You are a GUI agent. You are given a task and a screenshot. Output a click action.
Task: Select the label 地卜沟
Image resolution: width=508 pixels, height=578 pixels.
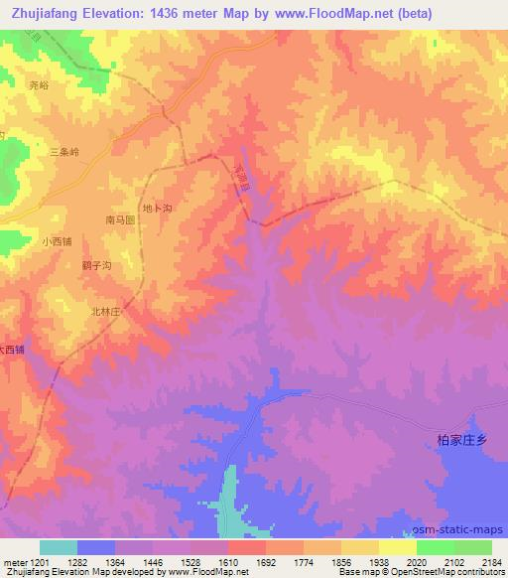pos(157,208)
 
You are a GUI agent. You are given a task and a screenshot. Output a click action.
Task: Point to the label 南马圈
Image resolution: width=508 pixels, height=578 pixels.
pos(120,219)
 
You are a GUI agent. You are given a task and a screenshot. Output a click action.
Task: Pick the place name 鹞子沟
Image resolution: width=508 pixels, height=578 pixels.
pos(96,266)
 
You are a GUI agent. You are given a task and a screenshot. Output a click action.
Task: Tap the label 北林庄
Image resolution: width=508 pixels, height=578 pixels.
pos(105,311)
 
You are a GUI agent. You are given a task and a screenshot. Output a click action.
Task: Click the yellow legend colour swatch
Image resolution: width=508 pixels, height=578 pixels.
pos(397,547)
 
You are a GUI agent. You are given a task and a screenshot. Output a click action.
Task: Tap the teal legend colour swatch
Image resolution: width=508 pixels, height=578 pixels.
pos(59,547)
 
